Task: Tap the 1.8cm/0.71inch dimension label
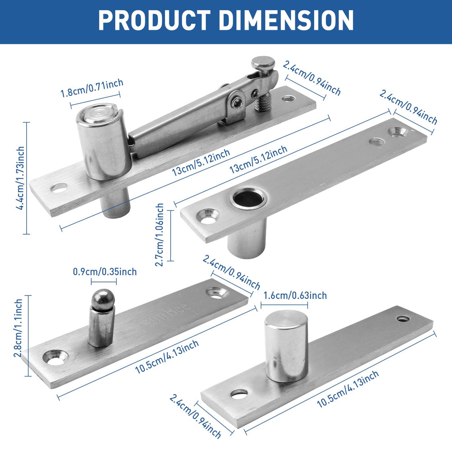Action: point(92,88)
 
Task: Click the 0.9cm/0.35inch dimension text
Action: point(104,272)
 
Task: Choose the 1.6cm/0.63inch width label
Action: point(294,296)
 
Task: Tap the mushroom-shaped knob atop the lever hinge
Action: point(263,63)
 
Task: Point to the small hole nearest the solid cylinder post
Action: point(239,393)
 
